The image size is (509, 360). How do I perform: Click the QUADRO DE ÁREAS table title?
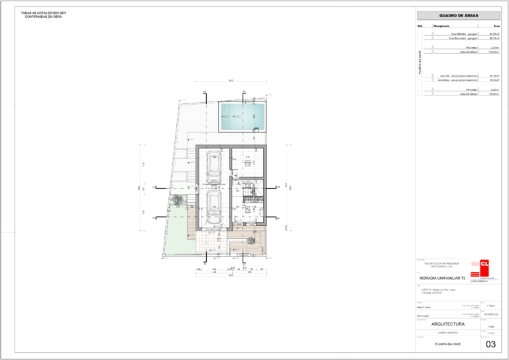coord(458,15)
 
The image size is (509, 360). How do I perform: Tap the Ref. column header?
coord(420,26)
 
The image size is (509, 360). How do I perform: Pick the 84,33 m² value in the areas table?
coord(494,33)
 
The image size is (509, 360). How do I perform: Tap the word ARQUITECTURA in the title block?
coord(448,324)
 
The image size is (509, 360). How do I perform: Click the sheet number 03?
coord(491,344)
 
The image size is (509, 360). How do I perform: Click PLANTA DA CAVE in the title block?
coord(448,344)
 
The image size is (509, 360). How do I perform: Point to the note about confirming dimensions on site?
coord(44,15)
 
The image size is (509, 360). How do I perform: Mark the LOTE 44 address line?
coord(436,289)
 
